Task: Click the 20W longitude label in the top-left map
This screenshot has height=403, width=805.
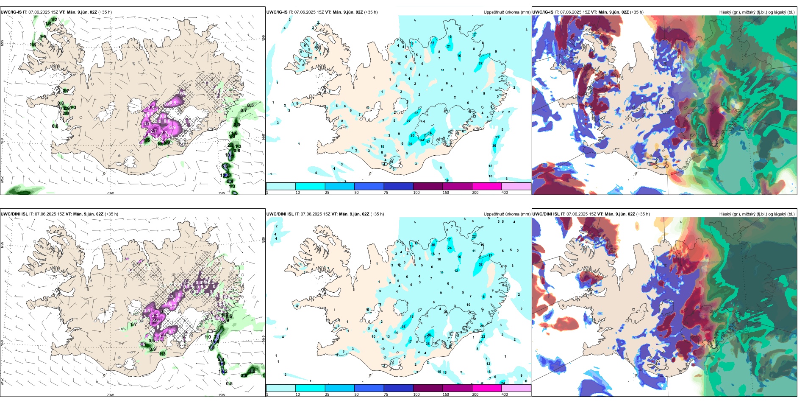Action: pyautogui.click(x=110, y=193)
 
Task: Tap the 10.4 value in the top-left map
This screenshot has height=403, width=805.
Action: pyautogui.click(x=228, y=155)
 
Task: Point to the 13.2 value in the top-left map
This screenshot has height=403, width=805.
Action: pyautogui.click(x=225, y=175)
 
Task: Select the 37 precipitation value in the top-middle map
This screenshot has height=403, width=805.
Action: pyautogui.click(x=433, y=43)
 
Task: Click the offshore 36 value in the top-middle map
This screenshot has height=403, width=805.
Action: pyautogui.click(x=494, y=146)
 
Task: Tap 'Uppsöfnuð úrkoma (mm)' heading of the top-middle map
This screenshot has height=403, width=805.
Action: pyautogui.click(x=507, y=12)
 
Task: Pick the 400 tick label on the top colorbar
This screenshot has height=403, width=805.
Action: pyautogui.click(x=505, y=193)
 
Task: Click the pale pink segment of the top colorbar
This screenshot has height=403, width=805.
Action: pyautogui.click(x=516, y=186)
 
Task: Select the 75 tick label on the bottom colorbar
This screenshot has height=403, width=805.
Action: pyautogui.click(x=386, y=395)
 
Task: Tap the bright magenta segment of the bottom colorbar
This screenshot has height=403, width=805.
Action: pyautogui.click(x=487, y=388)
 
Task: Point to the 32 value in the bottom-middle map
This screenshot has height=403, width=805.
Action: pyautogui.click(x=480, y=264)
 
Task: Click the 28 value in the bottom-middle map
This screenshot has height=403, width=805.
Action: pyautogui.click(x=429, y=335)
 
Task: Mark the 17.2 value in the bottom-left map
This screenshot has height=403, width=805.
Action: pyautogui.click(x=223, y=371)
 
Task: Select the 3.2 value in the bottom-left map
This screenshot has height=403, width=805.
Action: pyautogui.click(x=252, y=371)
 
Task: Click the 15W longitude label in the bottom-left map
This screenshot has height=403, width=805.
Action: pyautogui.click(x=222, y=395)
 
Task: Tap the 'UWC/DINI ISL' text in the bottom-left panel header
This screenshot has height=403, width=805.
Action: pyautogui.click(x=14, y=214)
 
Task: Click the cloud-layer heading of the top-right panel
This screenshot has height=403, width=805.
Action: pyautogui.click(x=757, y=12)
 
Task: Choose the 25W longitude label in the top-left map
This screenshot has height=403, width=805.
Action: pyautogui.click(x=2, y=179)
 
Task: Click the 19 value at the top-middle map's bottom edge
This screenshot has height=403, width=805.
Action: pyautogui.click(x=447, y=180)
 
